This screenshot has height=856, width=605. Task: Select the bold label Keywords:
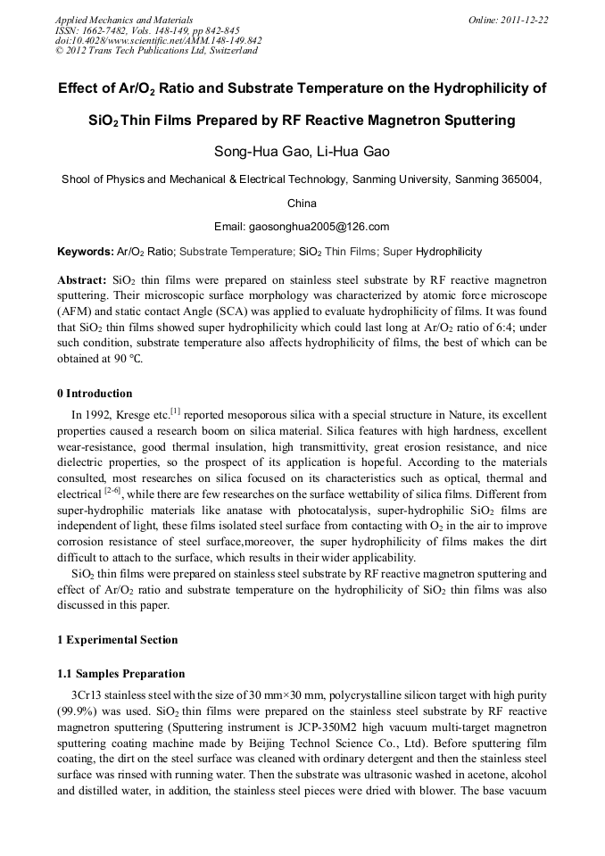coord(86,252)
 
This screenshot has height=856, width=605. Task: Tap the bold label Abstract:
coord(82,278)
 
